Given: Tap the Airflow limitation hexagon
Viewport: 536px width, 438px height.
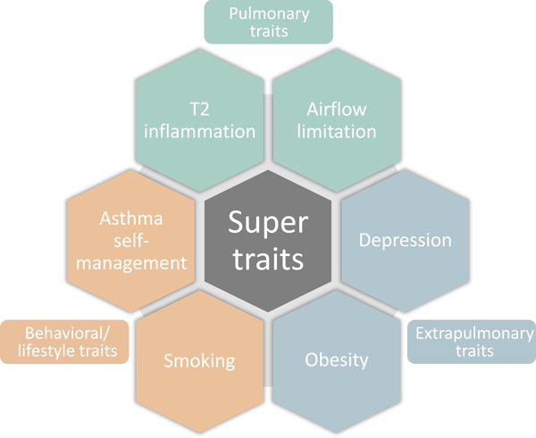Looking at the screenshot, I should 335,121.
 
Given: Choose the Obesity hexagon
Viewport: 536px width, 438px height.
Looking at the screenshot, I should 335,360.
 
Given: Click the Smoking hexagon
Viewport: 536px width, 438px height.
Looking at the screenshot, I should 199,360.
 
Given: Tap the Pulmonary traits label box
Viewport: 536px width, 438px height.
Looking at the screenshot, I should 268,22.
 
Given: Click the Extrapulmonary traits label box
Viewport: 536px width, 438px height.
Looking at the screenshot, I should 471,342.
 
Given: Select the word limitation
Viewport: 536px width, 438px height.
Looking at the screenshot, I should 335,132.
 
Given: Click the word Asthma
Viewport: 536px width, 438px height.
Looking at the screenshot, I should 131,219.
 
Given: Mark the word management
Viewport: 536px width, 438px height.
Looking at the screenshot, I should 131,262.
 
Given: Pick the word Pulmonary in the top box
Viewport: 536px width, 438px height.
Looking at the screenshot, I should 268,13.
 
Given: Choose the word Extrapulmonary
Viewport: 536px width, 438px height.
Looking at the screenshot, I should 471,333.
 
